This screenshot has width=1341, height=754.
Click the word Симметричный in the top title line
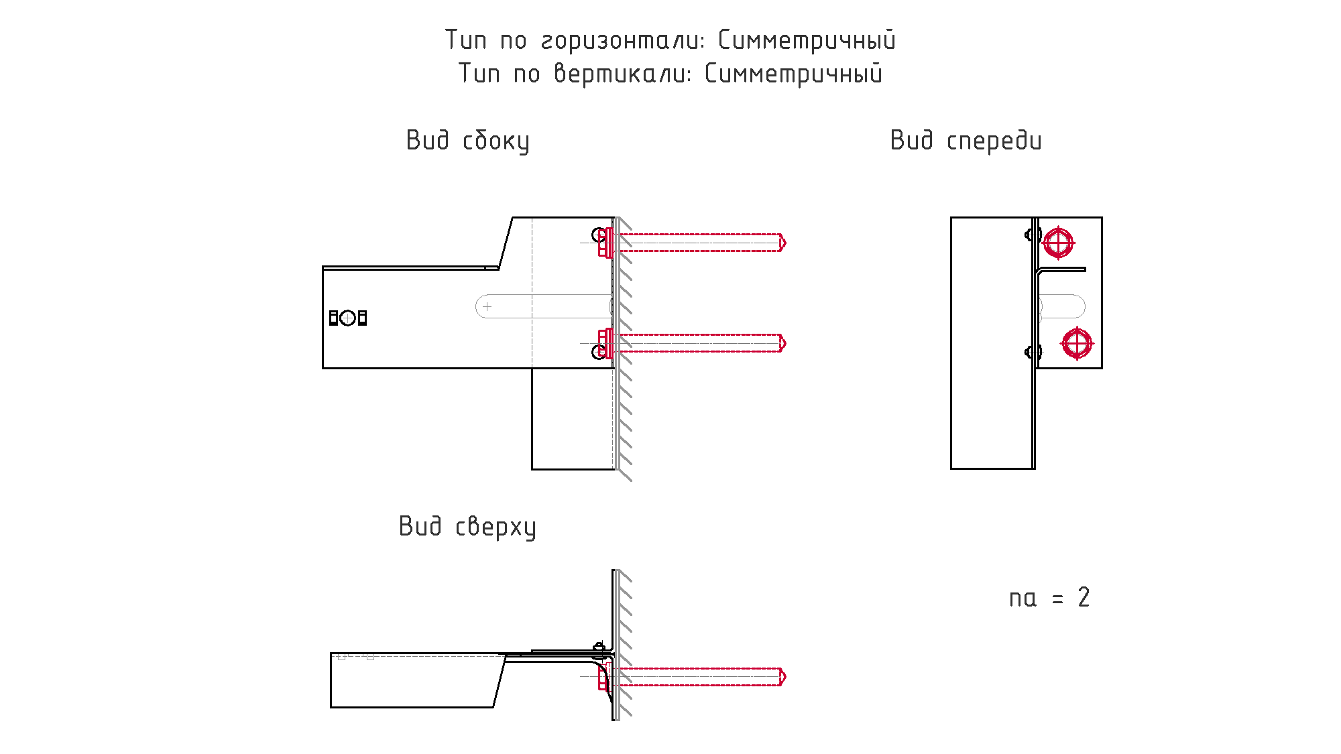tap(807, 40)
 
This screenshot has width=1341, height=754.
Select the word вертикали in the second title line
tap(621, 74)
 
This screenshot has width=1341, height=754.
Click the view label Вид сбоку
tap(467, 141)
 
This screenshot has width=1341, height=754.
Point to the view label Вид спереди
tap(966, 141)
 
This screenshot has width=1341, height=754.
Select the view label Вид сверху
tap(467, 527)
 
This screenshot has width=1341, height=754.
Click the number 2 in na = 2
tap(1084, 597)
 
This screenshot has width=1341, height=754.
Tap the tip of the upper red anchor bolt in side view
tap(785, 243)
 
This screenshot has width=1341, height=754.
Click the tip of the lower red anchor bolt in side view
tap(785, 343)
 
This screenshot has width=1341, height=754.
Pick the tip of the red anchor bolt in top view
tap(785, 677)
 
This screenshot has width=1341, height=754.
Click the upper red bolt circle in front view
tap(1058, 243)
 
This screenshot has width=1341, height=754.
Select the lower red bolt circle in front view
tap(1077, 343)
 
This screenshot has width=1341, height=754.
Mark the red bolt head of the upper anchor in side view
tap(605, 243)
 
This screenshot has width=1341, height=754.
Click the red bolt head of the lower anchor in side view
tap(605, 343)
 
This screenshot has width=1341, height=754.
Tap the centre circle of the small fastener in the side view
tap(347, 318)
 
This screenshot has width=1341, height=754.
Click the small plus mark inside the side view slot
tap(487, 306)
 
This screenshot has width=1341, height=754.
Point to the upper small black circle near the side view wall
tap(599, 235)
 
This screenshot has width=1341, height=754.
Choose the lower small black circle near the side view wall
tap(599, 352)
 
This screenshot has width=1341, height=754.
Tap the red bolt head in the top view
tap(604, 677)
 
